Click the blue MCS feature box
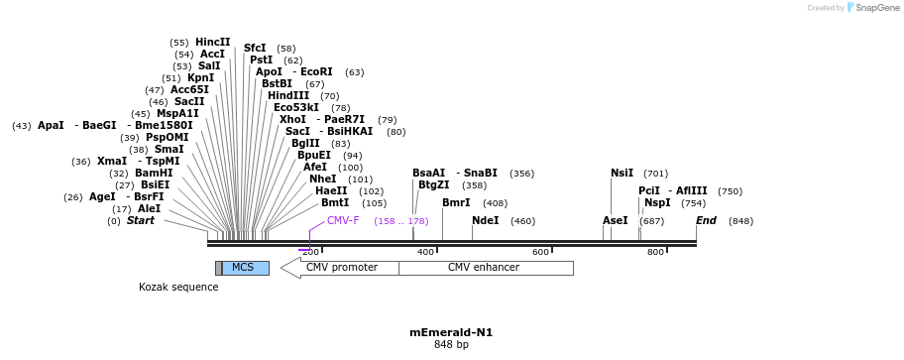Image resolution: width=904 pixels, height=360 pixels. click(245, 268)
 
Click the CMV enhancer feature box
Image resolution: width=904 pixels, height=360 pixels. click(485, 268)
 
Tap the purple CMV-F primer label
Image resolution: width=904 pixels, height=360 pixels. click(343, 220)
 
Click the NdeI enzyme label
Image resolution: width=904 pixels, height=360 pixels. click(485, 220)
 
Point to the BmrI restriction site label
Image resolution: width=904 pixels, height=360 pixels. click(456, 202)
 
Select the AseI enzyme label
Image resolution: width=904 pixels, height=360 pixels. click(616, 220)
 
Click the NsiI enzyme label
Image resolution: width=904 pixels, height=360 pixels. click(621, 173)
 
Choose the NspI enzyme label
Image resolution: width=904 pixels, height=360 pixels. click(657, 202)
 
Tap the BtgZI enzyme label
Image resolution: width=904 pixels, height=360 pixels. click(433, 184)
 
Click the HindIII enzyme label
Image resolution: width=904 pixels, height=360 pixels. click(287, 95)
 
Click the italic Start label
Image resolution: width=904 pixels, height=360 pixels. click(140, 220)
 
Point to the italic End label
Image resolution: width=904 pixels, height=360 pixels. click(706, 220)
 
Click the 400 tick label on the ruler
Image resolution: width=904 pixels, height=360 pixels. click(425, 252)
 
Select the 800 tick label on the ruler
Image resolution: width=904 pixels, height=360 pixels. click(655, 252)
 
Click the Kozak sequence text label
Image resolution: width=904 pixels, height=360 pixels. click(178, 288)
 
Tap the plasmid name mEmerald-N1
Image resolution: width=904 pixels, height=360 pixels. click(451, 332)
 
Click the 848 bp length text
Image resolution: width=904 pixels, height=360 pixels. click(451, 345)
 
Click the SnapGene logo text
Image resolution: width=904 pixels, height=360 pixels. click(875, 8)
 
